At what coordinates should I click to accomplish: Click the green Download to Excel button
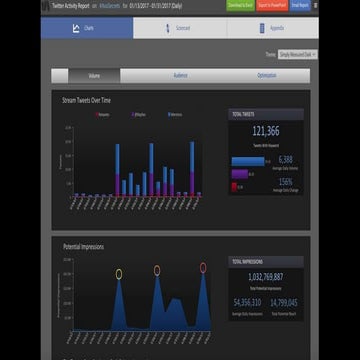click(240, 5)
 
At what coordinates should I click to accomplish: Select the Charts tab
click(90, 29)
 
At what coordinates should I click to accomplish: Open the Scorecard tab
click(180, 29)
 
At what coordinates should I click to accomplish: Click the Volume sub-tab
click(93, 75)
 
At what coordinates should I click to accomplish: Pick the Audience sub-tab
click(180, 75)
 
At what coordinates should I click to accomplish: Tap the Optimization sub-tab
click(266, 75)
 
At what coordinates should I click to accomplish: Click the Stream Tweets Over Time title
click(87, 101)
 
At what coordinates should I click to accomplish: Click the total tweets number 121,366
click(266, 131)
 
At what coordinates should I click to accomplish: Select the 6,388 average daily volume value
click(285, 159)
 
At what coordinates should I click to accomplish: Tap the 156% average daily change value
click(285, 182)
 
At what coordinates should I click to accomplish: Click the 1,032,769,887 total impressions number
click(266, 277)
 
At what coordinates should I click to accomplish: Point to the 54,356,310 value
click(247, 301)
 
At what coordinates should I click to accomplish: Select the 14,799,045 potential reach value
click(286, 301)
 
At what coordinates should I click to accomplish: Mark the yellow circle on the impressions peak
click(119, 273)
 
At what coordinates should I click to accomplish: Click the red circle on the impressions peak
click(202, 268)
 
